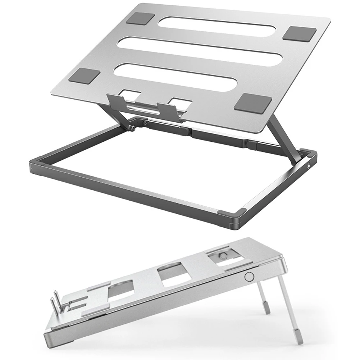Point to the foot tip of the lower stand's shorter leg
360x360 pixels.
(x=268, y=309)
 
